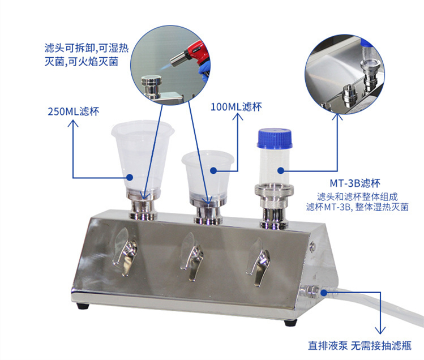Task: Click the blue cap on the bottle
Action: (x=275, y=138)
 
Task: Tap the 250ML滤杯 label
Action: (x=73, y=112)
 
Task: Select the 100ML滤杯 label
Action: (x=236, y=107)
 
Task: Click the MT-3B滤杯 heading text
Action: (x=355, y=183)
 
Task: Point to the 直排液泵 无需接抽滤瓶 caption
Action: (x=359, y=345)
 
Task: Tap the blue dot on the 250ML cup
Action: (x=130, y=177)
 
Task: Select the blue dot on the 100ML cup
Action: (x=214, y=171)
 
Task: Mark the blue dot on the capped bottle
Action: (x=281, y=171)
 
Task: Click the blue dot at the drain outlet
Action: (x=324, y=292)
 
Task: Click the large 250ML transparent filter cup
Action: (x=143, y=156)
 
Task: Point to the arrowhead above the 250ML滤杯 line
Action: (x=73, y=123)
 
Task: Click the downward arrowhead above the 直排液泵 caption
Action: (x=380, y=331)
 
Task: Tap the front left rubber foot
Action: (x=83, y=306)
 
